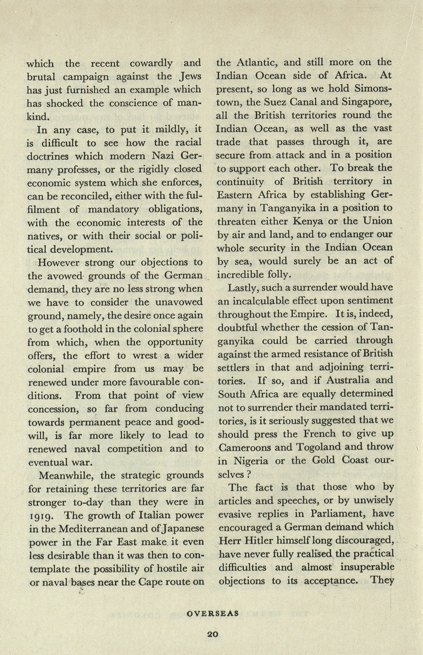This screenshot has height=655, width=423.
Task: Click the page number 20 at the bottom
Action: [x=212, y=634]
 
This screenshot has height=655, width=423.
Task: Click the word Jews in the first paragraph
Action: [x=190, y=76]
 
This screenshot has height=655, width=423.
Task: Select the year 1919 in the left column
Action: [x=41, y=516]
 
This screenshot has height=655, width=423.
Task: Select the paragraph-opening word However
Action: [x=59, y=262]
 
